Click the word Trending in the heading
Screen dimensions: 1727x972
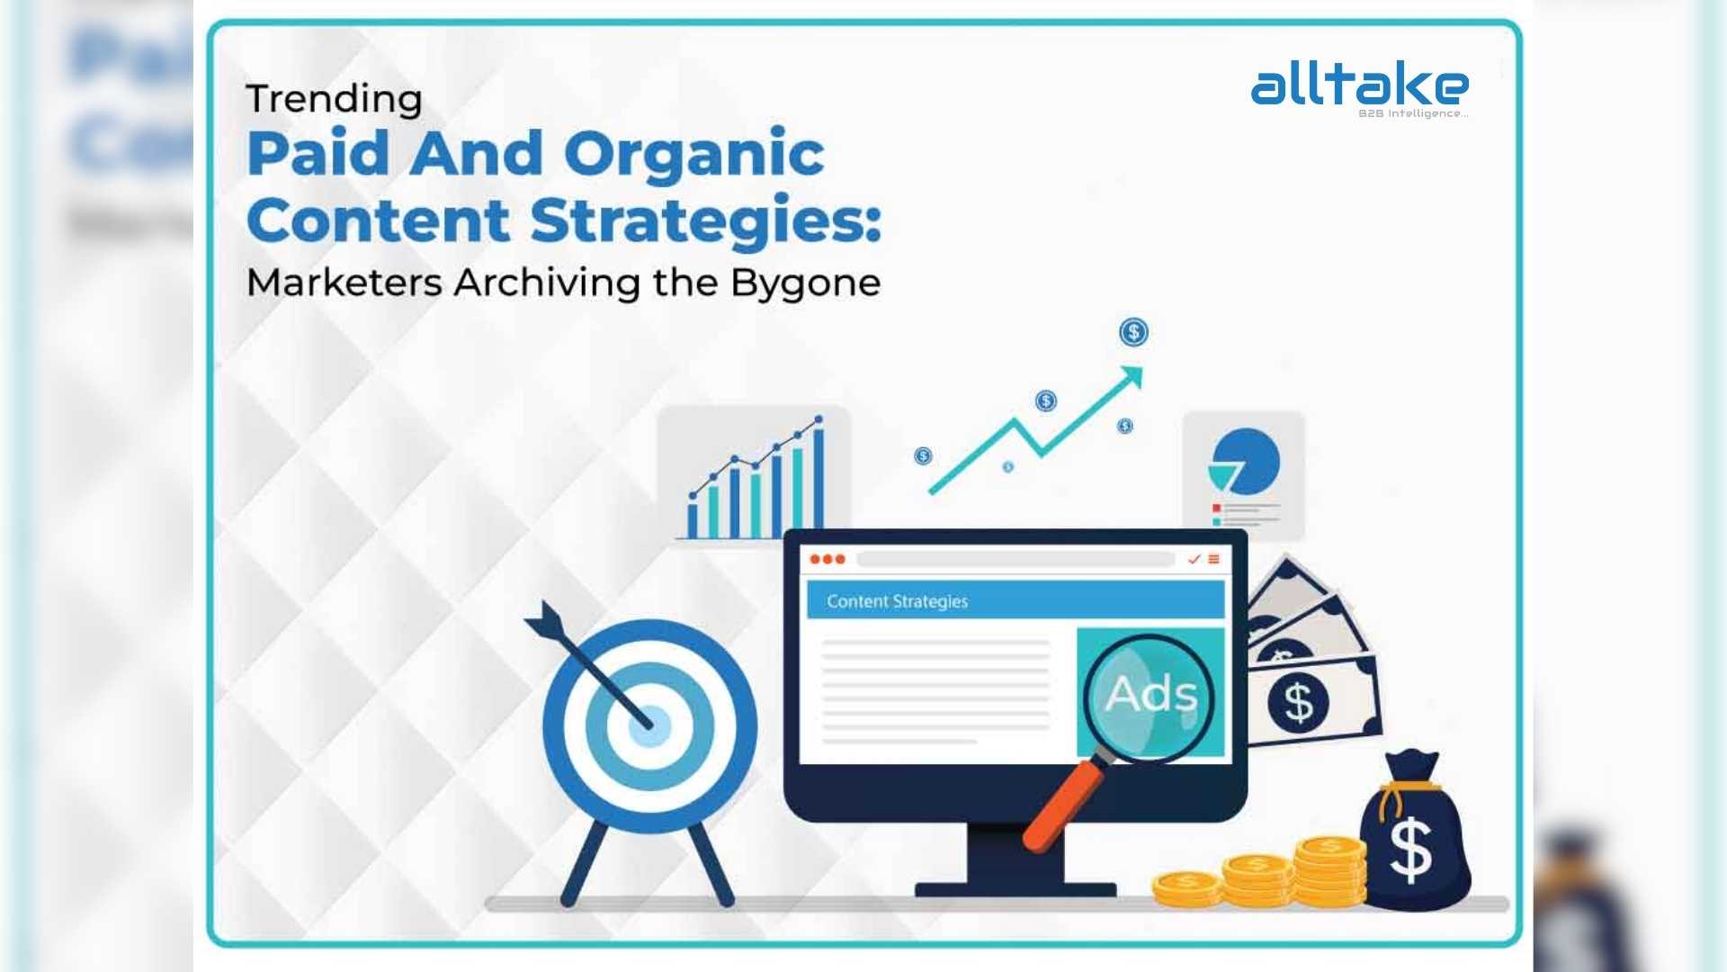tap(334, 99)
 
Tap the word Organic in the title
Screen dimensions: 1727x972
tap(694, 154)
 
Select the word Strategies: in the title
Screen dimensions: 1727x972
tap(706, 221)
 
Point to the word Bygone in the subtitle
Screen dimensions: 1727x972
tap(806, 283)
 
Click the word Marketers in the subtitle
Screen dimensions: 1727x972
tap(345, 283)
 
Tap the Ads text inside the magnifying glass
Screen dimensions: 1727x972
tap(1151, 695)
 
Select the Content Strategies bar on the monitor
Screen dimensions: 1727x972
tap(1016, 600)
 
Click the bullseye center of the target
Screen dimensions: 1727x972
tap(649, 726)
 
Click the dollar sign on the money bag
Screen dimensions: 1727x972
tap(1410, 849)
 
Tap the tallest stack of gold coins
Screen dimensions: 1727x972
tap(1330, 871)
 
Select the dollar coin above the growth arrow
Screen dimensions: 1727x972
tap(1133, 332)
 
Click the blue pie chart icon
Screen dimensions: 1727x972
tap(1244, 462)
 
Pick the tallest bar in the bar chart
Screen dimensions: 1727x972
tap(819, 478)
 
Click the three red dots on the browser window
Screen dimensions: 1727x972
tap(828, 560)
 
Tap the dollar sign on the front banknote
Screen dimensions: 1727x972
tap(1298, 702)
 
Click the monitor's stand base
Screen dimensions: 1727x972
tap(1016, 889)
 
